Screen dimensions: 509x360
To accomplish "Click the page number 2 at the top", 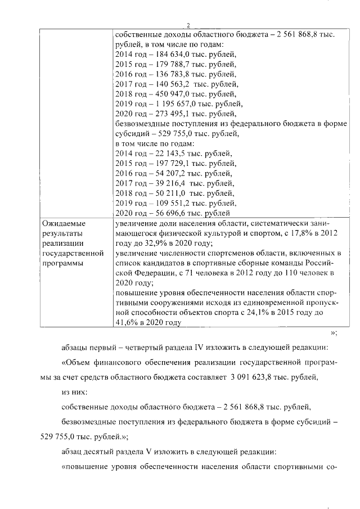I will (189, 25).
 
